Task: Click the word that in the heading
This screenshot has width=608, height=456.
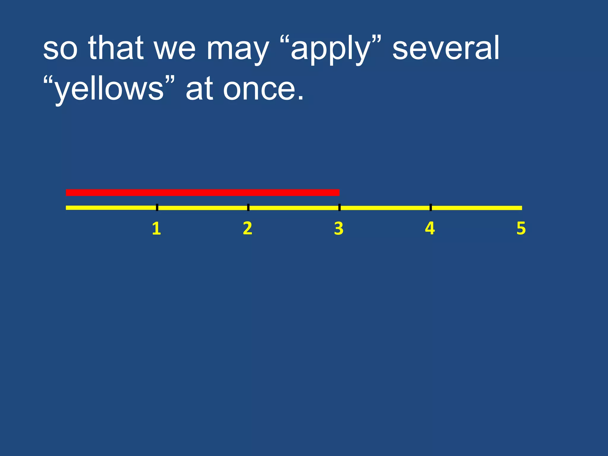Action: click(x=116, y=47)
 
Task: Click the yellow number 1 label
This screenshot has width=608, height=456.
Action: click(x=156, y=229)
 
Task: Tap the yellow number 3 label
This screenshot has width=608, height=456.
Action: click(x=339, y=229)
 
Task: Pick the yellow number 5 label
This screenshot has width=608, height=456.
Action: click(x=521, y=229)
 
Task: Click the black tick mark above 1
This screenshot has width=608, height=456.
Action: click(x=157, y=208)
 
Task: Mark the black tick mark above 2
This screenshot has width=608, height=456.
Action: click(x=248, y=208)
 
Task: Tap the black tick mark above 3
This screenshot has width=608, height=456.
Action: click(x=339, y=208)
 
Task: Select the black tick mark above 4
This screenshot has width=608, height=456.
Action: click(x=430, y=208)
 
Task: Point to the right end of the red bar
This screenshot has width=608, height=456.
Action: click(x=338, y=193)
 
